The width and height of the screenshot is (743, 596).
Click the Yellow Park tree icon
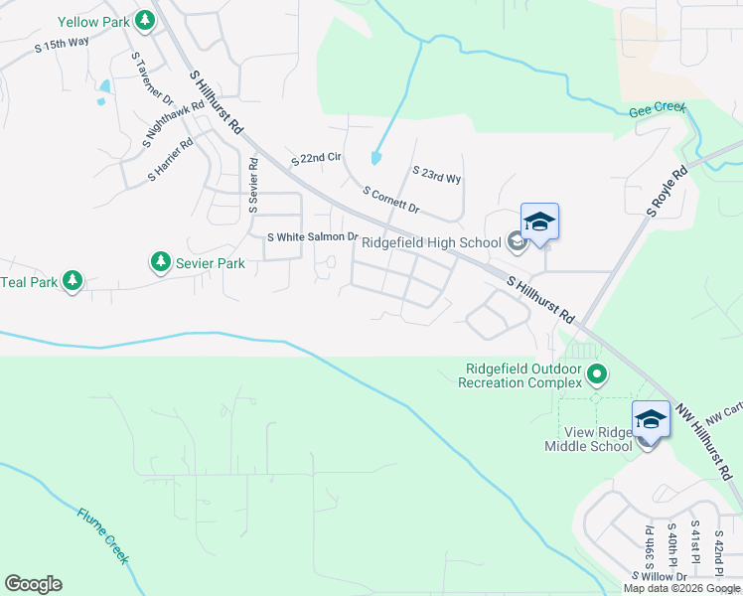[x=145, y=20]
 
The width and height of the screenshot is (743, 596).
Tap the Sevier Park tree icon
[x=160, y=262]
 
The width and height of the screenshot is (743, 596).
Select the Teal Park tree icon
[x=72, y=282]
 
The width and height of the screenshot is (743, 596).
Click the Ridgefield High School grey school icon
[x=516, y=240]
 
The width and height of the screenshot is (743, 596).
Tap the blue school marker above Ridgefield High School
[x=539, y=222]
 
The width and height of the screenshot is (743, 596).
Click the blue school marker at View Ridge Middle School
[x=651, y=419]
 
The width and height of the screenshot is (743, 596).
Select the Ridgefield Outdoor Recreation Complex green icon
[x=596, y=375]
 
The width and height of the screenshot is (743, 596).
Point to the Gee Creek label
[x=658, y=110]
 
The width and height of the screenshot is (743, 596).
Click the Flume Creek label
[x=103, y=536]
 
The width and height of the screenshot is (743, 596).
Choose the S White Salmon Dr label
[x=313, y=236]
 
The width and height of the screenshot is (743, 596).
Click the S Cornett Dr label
[x=392, y=200]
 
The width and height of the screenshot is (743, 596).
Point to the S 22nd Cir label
[x=316, y=159]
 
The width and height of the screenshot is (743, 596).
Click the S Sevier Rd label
[x=253, y=185]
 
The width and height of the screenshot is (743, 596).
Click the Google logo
[x=33, y=584]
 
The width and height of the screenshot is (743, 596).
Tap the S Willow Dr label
[x=660, y=577]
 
